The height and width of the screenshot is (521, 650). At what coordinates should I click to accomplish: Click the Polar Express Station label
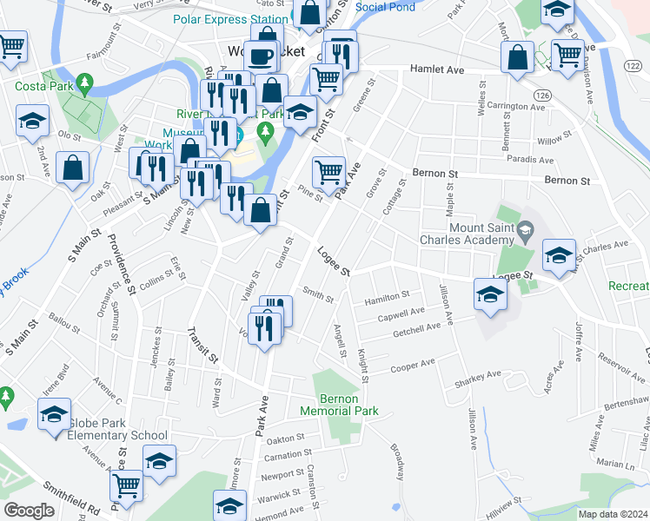[x=230, y=19]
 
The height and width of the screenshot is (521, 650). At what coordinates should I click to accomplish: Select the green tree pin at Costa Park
[x=84, y=83]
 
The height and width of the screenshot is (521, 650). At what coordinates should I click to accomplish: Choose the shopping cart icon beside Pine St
[x=328, y=172]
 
